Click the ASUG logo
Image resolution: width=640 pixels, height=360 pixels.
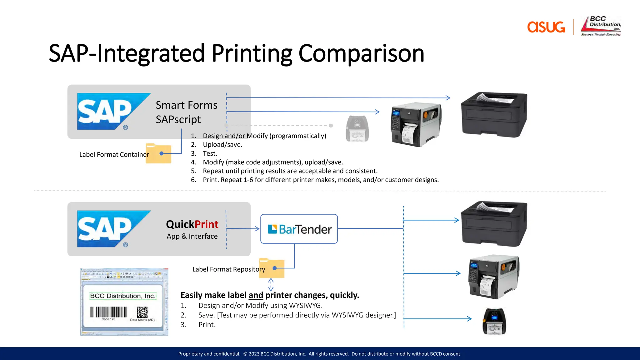click(546, 27)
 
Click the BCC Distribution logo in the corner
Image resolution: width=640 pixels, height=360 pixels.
click(601, 26)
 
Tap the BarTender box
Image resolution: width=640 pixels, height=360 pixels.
click(299, 229)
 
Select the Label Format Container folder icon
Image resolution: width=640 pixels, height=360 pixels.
click(158, 153)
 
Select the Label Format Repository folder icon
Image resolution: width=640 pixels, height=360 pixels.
click(272, 268)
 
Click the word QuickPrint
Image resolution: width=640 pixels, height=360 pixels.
click(192, 224)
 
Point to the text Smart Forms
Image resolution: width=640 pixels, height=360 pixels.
click(187, 105)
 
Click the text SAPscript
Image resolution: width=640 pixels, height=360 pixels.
click(178, 119)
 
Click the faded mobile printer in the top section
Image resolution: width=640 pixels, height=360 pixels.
click(357, 129)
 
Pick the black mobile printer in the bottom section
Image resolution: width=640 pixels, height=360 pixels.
click(494, 322)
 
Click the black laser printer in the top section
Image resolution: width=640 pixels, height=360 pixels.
click(494, 114)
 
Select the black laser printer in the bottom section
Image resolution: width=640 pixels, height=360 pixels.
click(494, 224)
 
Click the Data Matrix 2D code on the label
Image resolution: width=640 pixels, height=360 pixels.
click(142, 312)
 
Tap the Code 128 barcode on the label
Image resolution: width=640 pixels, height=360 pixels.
click(108, 312)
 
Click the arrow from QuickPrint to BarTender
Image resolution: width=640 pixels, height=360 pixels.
click(243, 229)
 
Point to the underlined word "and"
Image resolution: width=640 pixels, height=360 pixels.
click(256, 295)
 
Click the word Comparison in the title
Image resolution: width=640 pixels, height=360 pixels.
click(361, 53)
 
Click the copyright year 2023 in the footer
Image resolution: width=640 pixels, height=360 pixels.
click(254, 354)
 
